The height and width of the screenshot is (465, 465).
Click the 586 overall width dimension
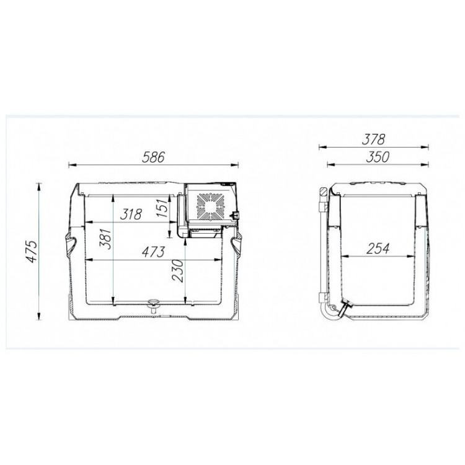[153, 157]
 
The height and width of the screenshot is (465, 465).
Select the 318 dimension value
[131, 214]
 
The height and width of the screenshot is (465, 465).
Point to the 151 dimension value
[162, 208]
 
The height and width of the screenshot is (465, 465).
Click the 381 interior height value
[105, 239]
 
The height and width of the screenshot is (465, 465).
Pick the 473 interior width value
[153, 252]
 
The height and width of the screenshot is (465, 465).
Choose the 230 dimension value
[178, 271]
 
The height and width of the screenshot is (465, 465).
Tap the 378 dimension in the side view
[374, 139]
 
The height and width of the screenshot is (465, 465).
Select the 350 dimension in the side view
[378, 157]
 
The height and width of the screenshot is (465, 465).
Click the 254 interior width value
[378, 249]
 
